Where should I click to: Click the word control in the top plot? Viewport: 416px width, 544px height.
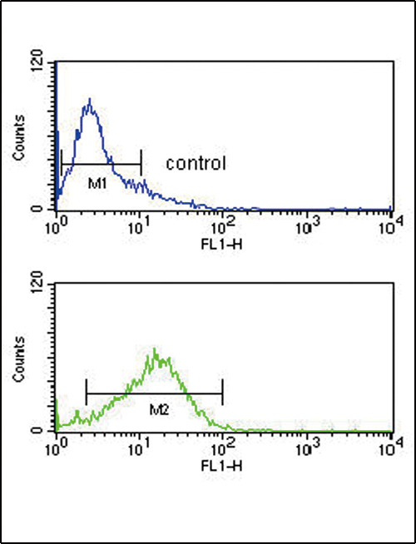click(196, 163)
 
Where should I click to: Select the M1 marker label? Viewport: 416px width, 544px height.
click(97, 184)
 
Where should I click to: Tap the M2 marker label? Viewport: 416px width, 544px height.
click(159, 411)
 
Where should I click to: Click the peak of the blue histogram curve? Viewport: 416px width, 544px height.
click(90, 99)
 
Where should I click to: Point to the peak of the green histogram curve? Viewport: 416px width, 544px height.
click(154, 349)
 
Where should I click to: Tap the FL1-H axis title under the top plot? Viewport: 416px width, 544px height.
click(221, 245)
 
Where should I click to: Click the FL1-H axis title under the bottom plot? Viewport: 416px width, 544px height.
click(221, 467)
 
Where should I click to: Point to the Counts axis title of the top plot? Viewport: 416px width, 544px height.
click(18, 137)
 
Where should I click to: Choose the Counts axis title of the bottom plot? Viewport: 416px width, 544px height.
click(18, 359)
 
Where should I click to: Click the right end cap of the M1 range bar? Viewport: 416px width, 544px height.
click(141, 163)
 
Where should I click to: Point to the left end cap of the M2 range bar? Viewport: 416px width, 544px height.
click(86, 392)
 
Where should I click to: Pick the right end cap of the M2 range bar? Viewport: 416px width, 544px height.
click(222, 392)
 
